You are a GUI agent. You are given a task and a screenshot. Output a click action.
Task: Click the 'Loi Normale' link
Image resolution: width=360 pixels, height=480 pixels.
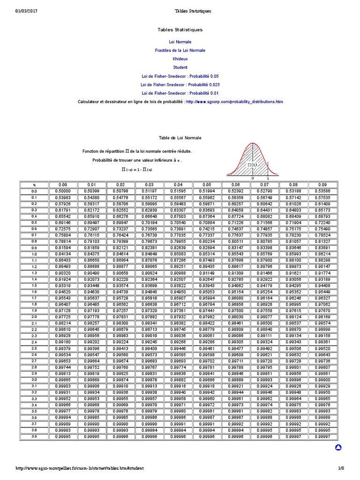(180, 42)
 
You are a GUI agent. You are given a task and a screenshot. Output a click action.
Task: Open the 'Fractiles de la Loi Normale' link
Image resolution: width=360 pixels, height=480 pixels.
(180, 50)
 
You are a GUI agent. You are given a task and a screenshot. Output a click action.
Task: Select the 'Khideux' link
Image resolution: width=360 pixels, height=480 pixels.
(180, 59)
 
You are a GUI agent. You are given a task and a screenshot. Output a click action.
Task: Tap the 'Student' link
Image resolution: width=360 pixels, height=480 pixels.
(180, 67)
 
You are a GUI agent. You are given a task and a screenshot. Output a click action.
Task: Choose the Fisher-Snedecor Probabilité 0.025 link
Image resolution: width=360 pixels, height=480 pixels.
(180, 84)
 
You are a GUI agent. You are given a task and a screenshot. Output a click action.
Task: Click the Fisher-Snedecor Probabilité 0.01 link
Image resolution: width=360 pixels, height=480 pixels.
(180, 93)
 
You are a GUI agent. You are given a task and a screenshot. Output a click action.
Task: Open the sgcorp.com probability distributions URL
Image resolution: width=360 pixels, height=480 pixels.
(234, 102)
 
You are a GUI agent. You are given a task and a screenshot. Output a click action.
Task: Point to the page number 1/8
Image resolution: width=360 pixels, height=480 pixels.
(341, 468)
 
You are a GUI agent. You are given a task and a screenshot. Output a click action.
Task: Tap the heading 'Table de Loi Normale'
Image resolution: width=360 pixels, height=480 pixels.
(180, 138)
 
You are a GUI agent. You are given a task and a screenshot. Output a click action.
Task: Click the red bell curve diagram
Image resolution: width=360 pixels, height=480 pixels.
(253, 159)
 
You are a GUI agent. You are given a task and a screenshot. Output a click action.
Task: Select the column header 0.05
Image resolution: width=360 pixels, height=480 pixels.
(207, 185)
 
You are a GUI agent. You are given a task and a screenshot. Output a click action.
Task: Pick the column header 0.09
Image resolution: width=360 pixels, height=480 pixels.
(322, 185)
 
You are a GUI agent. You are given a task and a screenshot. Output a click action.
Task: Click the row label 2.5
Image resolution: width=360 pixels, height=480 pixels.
(34, 348)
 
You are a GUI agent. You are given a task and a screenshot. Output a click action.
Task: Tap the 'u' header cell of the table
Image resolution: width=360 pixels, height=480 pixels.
(34, 185)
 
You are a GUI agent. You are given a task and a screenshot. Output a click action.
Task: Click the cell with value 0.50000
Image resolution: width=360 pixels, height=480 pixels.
(63, 191)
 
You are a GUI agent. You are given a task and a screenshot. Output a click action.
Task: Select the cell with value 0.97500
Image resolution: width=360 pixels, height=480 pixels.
(236, 310)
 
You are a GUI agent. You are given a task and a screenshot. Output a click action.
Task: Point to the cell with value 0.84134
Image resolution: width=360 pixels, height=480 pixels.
(63, 254)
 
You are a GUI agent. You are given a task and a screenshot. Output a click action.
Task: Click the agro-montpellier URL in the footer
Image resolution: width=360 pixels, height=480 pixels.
(80, 468)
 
